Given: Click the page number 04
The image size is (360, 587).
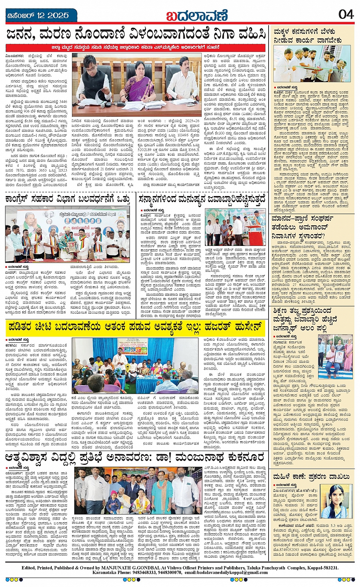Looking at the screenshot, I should click(346, 14).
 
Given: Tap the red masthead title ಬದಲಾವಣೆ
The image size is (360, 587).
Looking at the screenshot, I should click(197, 16).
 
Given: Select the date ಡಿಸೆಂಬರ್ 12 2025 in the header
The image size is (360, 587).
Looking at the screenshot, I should click(38, 15).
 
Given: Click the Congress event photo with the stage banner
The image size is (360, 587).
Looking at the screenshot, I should click(67, 234).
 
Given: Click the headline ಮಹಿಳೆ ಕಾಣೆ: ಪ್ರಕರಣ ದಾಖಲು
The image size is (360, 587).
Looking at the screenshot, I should click(311, 476).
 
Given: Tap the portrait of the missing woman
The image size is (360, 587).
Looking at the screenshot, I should click(333, 501).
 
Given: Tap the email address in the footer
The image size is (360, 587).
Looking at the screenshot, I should click(230, 573).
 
